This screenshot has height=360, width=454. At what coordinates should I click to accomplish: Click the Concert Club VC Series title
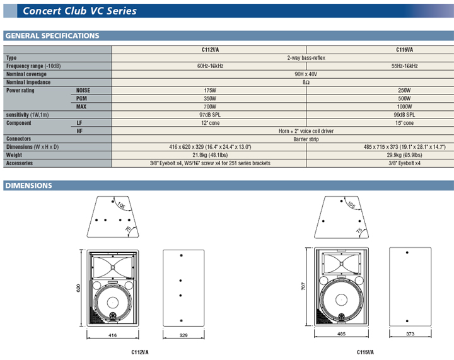point(79,11)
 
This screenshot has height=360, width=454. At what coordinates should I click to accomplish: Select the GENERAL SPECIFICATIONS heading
point(52,35)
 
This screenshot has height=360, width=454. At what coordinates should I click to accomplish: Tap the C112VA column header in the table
point(210,50)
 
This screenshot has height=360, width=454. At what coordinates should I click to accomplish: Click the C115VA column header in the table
point(404,50)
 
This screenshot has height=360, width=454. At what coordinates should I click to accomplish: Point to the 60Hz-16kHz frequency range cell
point(210,66)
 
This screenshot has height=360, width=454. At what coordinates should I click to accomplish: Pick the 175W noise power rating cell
point(210,90)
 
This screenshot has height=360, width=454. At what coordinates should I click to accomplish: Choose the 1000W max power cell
point(404,107)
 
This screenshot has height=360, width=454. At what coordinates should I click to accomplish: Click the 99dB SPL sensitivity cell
point(404,115)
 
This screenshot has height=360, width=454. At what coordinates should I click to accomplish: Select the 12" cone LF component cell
point(210,123)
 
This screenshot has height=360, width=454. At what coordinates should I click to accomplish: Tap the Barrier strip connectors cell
point(306,139)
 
